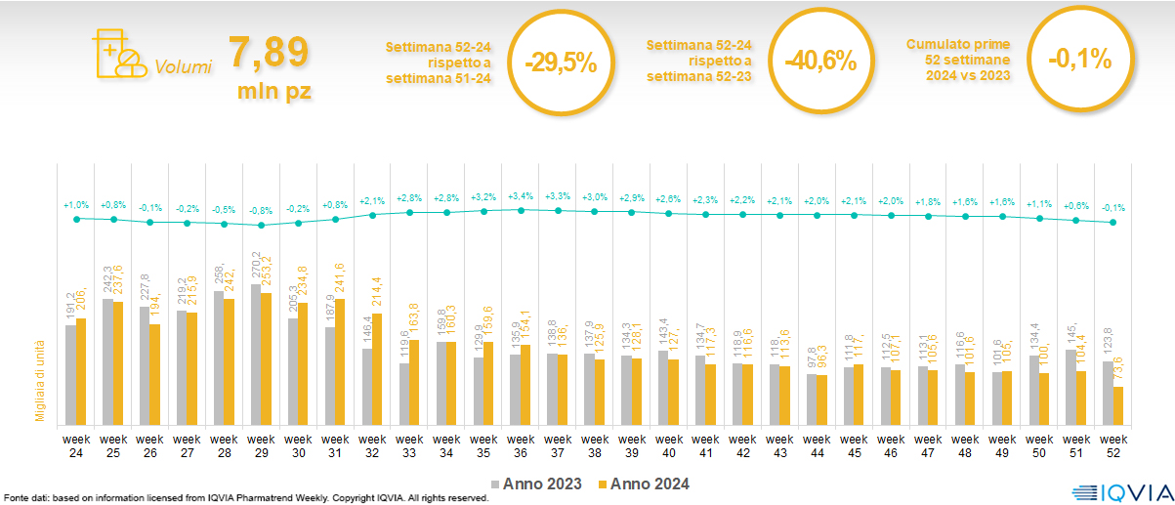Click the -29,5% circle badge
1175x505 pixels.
click(560, 62)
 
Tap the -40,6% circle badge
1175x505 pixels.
click(819, 61)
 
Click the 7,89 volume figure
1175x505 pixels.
click(269, 53)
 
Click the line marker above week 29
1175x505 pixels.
click(261, 226)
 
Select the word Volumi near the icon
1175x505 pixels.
click(183, 68)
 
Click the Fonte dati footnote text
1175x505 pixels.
click(244, 498)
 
